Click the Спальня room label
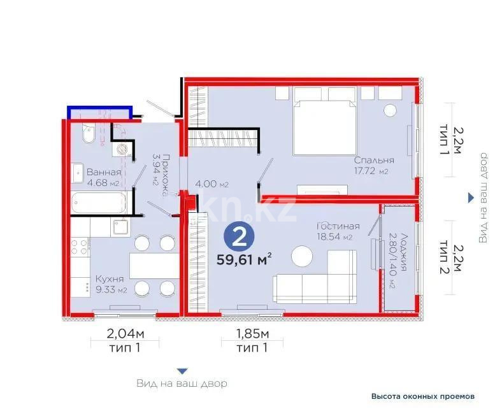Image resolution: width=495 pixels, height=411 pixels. (375, 161)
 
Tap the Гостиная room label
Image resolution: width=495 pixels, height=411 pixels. (338, 226)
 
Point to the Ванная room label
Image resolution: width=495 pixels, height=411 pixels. (103, 171)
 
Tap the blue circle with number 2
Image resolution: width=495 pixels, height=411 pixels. (238, 237)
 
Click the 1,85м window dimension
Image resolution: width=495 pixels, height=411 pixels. (252, 334)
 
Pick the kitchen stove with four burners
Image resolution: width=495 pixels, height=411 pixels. (79, 249)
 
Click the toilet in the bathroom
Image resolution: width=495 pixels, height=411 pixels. (89, 136)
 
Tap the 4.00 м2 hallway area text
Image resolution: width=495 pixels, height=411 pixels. (211, 185)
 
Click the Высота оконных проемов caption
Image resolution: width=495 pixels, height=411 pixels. (423, 396)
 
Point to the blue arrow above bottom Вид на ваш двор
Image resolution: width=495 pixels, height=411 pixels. (182, 371)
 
